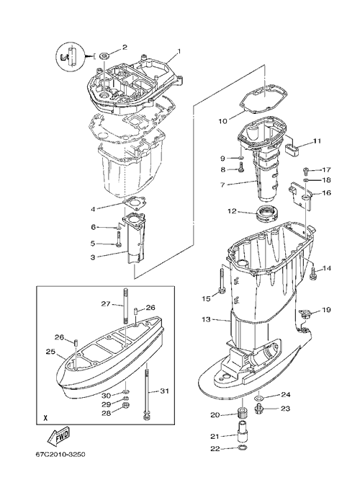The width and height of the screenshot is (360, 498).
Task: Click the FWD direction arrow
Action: pos(58,437)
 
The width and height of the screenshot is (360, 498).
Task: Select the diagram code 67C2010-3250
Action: pos(60,454)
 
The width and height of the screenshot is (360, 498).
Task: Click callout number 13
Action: pos(206,319)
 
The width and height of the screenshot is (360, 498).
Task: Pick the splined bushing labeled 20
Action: pos(243,414)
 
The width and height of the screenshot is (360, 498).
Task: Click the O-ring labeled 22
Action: pos(242,448)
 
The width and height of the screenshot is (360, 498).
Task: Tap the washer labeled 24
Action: pos(258,398)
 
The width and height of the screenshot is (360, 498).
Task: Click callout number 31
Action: pos(164,391)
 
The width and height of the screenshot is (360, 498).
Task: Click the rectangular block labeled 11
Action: pos(294,149)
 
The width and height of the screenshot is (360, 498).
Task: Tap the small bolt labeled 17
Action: pos(306,171)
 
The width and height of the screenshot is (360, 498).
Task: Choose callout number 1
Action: pos(179,51)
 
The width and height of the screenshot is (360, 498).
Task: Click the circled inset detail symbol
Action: pos(71,56)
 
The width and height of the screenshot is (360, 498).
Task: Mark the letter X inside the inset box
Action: pos(45,417)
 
